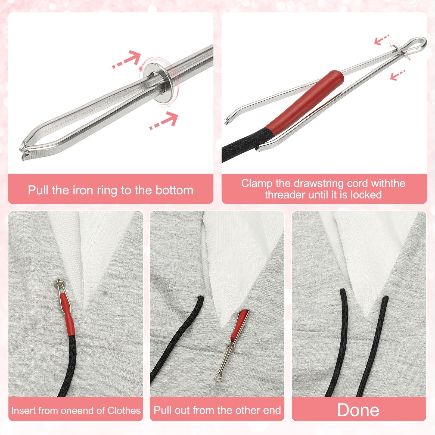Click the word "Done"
[x=358, y=410]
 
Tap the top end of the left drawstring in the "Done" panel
[x=343, y=292]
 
